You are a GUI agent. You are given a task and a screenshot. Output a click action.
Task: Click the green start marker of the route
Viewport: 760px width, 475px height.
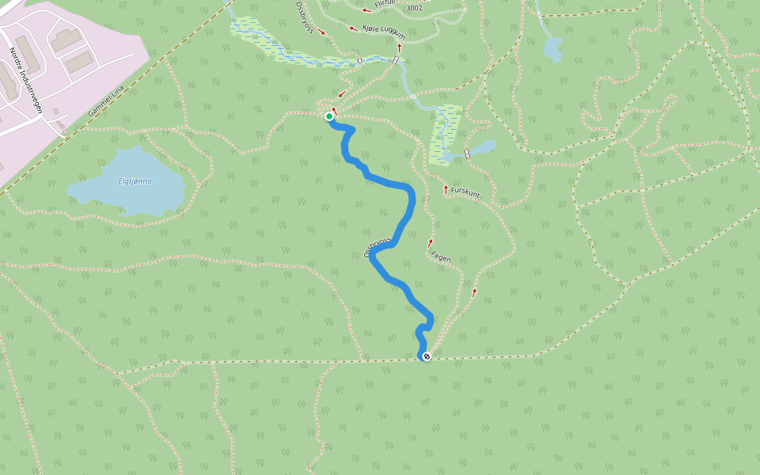329,116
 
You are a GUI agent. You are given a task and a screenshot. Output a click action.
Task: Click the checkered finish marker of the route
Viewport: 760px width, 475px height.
427,356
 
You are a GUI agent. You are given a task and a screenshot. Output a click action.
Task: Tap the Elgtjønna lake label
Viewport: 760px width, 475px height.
135,181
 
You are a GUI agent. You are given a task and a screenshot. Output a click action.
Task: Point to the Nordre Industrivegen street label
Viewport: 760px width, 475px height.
25,79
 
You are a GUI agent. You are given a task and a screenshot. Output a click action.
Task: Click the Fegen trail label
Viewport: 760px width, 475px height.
441,256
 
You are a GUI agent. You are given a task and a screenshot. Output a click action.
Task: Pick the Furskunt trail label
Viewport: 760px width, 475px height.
465,192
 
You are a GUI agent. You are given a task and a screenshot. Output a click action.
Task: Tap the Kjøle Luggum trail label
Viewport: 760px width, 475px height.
383,32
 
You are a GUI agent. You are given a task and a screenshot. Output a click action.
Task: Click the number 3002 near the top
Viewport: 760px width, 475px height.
413,8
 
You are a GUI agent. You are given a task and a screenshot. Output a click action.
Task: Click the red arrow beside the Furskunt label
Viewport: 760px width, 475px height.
446,189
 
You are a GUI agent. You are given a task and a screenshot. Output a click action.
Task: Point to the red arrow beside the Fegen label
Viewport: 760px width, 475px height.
431,243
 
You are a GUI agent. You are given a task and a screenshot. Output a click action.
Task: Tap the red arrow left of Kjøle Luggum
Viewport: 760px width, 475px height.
354,28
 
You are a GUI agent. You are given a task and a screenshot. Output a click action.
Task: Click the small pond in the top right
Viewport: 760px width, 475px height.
552,48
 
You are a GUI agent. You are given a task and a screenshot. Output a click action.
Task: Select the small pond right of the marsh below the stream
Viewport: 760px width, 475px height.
482,147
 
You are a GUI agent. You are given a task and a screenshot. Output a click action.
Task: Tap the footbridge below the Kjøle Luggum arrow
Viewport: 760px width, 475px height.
394,60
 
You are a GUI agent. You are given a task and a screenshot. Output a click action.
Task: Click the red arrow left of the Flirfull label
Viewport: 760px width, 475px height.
367,9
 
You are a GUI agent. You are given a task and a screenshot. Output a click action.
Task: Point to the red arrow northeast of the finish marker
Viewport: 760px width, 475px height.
474,292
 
